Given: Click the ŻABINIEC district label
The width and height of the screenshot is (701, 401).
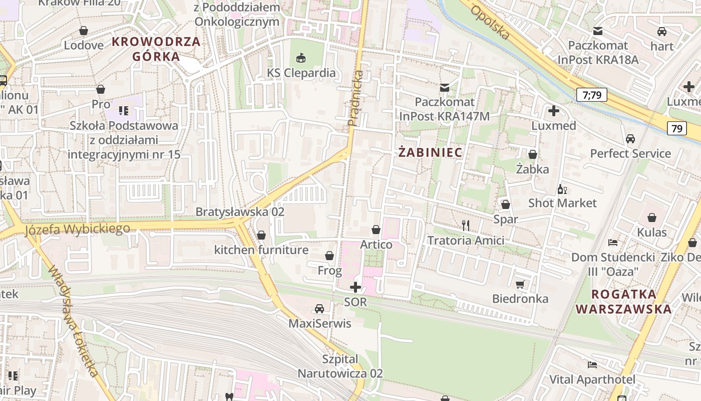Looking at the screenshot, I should tap(430, 152).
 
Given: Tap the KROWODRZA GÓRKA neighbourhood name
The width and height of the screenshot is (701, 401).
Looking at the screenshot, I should tap(156, 49).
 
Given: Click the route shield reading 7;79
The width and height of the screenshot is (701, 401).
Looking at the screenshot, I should tap(591, 95).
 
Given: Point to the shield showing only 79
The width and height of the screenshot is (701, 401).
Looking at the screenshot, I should tap(676, 128).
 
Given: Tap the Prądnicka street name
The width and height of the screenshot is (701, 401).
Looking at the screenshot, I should tap(355, 98).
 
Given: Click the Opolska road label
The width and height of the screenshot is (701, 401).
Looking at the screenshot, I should tap(491, 23).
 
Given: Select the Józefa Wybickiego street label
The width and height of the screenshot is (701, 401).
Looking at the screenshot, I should tap(77, 229).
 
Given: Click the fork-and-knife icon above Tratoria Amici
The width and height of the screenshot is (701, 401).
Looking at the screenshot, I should tap(466, 226).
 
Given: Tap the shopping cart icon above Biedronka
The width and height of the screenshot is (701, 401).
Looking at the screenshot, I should tap(520, 284).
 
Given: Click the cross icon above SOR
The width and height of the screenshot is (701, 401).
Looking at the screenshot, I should tap(356, 287).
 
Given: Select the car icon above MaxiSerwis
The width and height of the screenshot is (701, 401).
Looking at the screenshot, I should tap(319, 309).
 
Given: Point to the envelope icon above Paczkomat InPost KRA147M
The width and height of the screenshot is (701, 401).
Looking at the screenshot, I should tap(444, 88).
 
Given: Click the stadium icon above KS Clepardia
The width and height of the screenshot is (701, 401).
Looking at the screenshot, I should tap(301, 58).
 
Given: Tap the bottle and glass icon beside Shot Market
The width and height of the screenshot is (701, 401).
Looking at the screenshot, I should tap(562, 189).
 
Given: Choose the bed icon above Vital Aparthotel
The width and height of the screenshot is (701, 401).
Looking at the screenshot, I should tap(592, 364).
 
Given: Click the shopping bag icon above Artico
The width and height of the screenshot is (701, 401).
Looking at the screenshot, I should tap(376, 230).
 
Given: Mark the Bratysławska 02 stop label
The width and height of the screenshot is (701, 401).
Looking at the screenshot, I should tap(240, 212).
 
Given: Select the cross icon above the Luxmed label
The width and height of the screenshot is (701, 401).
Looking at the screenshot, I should tap(554, 111).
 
